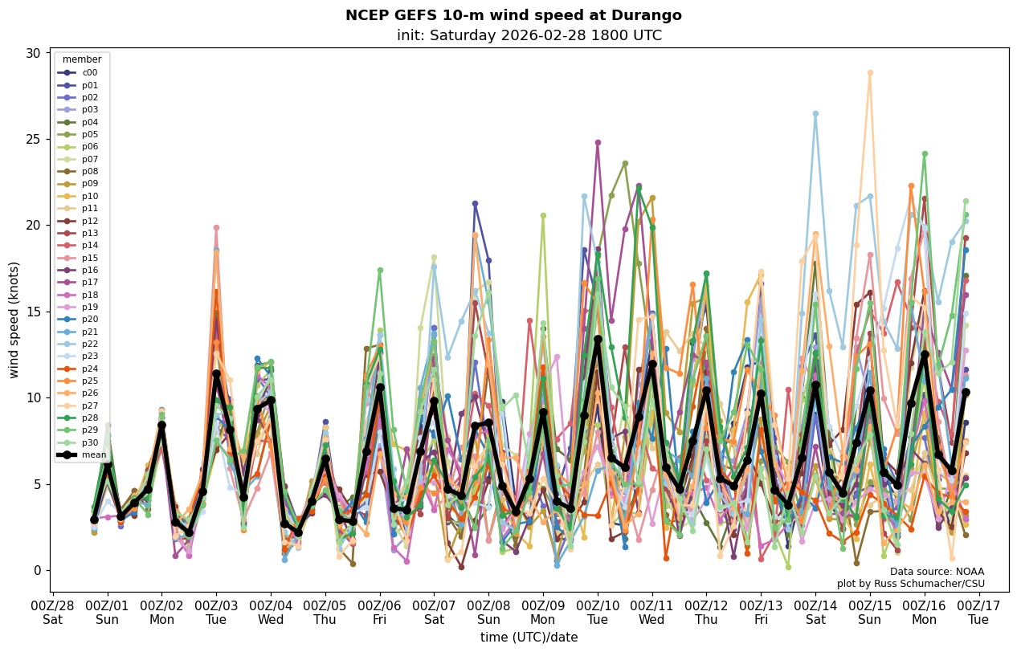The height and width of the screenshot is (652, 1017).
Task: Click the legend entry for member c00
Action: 89,72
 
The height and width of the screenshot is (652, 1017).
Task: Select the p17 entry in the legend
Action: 89,283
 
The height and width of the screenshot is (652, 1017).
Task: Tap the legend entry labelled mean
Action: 93,455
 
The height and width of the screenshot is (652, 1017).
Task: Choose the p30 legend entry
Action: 89,443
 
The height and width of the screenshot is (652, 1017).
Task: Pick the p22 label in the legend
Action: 89,344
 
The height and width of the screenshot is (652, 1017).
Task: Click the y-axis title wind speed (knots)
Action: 14,320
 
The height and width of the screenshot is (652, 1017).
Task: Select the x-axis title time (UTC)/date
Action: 529,638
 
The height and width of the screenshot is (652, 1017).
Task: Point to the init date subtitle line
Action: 529,35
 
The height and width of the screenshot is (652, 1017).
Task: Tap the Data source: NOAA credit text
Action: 937,572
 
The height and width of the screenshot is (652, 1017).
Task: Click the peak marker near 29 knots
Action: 869,73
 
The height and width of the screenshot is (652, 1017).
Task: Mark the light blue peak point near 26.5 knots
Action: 815,114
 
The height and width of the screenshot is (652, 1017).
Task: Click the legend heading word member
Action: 82,59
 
